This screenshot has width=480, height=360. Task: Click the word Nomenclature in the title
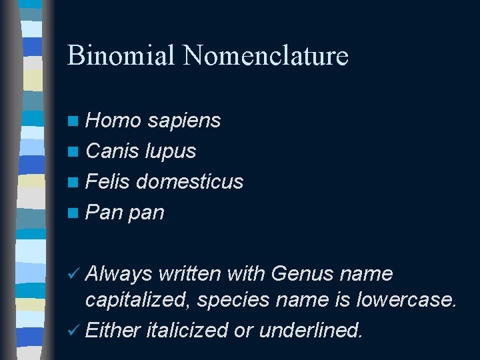(x=266, y=55)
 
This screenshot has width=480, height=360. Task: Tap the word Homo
(x=113, y=120)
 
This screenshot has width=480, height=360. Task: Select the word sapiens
(x=184, y=120)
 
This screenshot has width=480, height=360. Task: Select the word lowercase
(x=407, y=301)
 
